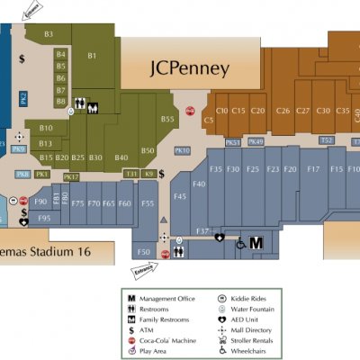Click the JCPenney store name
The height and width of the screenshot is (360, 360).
coord(189,68)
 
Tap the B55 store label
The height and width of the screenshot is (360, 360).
coord(167,119)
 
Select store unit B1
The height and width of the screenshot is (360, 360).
coord(92,56)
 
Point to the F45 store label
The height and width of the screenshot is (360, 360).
coord(179,196)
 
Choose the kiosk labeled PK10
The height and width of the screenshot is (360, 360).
coord(182,150)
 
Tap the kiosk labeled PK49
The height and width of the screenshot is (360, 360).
coord(256,141)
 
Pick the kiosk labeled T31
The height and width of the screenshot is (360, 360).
coord(131,173)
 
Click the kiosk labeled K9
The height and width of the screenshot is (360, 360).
coord(149,173)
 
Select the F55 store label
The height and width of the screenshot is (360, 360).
coord(148,204)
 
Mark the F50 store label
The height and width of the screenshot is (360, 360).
coord(142,251)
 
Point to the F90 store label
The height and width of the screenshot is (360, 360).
coord(40,202)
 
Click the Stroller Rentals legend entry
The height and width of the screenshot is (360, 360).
coord(265,341)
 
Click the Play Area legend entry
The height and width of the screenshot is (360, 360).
coord(155,352)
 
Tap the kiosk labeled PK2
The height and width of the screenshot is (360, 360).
coord(24,98)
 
